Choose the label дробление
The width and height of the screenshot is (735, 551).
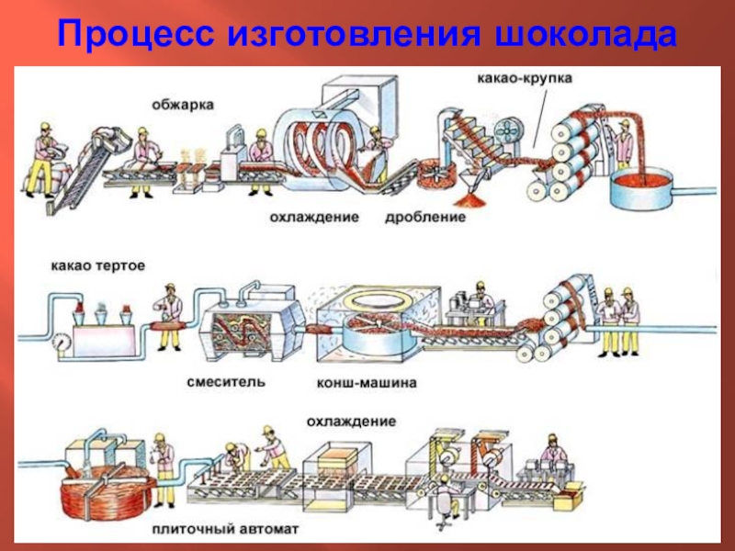point(425,219)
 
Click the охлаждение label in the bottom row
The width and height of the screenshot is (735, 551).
point(352,422)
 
